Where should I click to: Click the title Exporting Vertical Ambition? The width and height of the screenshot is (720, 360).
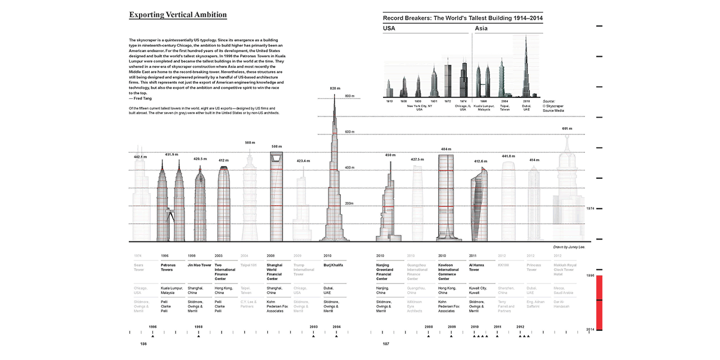pos(178,15)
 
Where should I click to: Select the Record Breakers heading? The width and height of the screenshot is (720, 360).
pos(462,19)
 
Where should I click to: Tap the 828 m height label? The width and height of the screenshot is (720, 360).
pos(335,88)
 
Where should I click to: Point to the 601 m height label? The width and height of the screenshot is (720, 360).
pos(567,128)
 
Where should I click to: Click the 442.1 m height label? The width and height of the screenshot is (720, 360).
pos(140,157)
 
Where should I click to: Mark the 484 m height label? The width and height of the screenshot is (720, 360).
pos(446,149)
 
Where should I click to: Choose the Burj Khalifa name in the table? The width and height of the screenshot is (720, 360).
pos(334,265)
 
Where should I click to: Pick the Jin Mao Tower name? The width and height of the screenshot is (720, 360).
pos(199,265)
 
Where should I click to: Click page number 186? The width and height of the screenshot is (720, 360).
pos(143,343)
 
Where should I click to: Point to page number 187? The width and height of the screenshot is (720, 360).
pos(386,343)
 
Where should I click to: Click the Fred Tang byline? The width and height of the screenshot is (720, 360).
pos(140,98)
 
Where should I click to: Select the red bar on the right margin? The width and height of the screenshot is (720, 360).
pos(599,302)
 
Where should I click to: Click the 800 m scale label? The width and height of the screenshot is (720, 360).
pos(350,96)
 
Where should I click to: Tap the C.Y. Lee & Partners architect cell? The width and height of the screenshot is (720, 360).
pos(249,304)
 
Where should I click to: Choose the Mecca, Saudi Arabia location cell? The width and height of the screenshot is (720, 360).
pos(564,290)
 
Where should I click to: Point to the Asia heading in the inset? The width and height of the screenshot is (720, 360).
pos(481,28)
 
